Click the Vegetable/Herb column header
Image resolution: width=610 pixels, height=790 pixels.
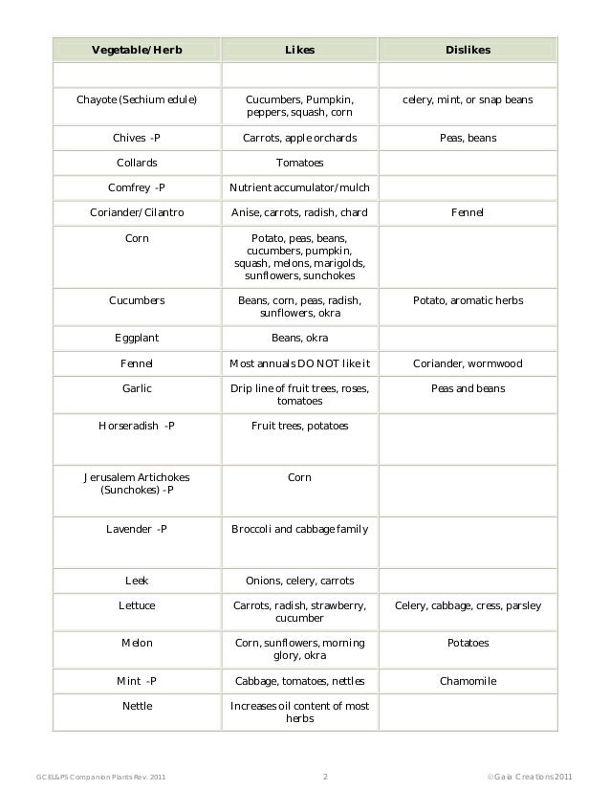click(x=137, y=49)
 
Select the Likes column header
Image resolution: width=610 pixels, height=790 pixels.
click(x=300, y=49)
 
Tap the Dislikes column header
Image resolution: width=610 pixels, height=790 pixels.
click(x=468, y=49)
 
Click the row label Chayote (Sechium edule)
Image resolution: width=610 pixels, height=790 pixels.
click(x=137, y=99)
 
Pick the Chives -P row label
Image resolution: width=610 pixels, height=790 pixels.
click(x=137, y=138)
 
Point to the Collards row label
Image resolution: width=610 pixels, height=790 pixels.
click(x=137, y=163)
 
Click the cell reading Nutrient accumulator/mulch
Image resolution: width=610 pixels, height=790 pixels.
click(x=300, y=187)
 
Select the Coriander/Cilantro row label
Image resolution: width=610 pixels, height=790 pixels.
click(x=137, y=212)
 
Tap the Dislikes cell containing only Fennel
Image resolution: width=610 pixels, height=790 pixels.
click(x=468, y=212)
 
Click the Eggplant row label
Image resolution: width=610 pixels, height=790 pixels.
click(x=137, y=338)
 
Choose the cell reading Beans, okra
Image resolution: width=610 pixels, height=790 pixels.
click(x=300, y=338)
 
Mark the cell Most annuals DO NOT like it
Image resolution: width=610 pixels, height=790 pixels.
click(x=300, y=363)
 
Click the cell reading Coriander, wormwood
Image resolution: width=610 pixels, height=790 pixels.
click(x=468, y=363)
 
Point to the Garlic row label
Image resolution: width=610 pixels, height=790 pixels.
click(x=137, y=388)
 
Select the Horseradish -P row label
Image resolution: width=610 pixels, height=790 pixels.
click(x=137, y=426)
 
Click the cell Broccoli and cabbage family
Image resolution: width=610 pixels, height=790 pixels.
click(x=300, y=529)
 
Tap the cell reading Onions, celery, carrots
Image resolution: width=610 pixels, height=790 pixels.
click(x=300, y=581)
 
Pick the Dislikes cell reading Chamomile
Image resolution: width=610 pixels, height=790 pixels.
click(x=468, y=681)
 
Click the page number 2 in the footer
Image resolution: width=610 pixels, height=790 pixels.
click(x=326, y=776)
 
